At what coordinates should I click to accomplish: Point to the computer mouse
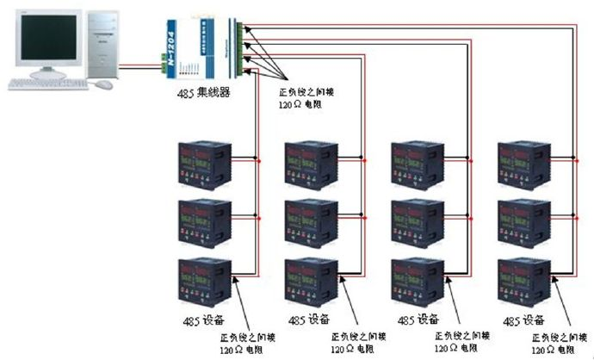tap(104, 84)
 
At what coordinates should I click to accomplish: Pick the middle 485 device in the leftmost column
tap(202, 221)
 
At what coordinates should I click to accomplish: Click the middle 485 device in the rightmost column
tap(525, 221)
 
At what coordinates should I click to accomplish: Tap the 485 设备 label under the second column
tap(310, 320)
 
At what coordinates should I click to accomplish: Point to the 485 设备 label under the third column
tap(419, 320)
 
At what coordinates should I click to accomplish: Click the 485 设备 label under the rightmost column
tap(523, 320)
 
